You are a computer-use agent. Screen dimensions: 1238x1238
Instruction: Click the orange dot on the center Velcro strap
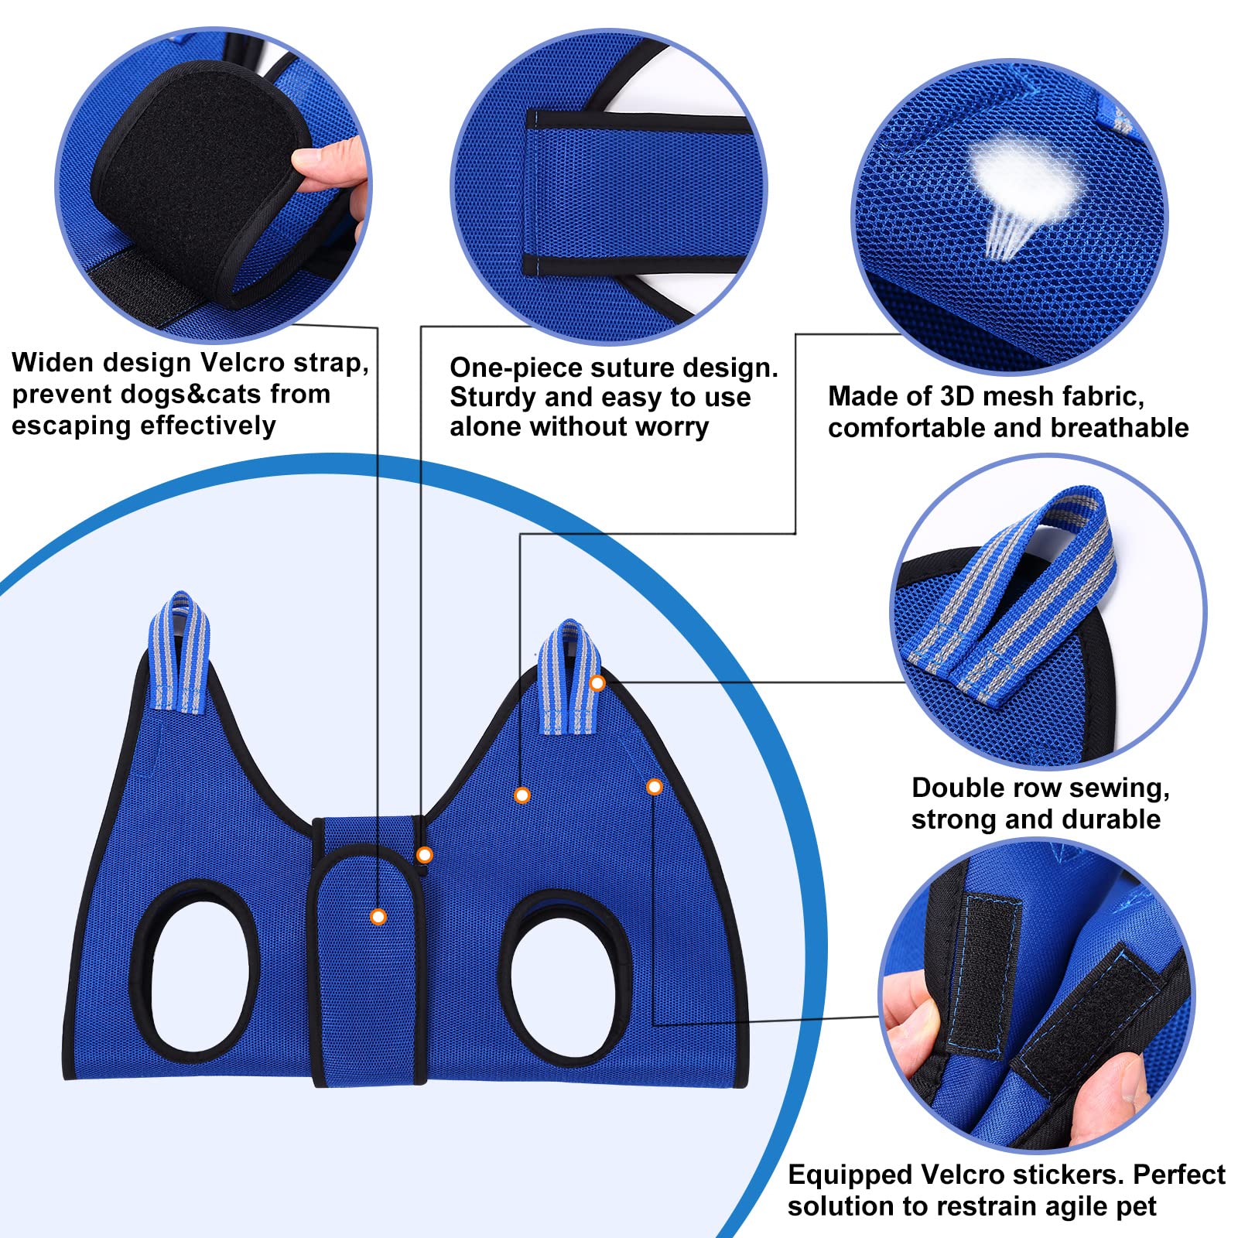pos(378,917)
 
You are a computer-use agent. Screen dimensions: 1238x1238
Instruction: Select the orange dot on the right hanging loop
pos(597,683)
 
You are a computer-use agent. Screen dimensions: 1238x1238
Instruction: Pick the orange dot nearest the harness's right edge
pos(655,787)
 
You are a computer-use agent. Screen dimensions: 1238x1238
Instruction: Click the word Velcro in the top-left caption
pos(247,362)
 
